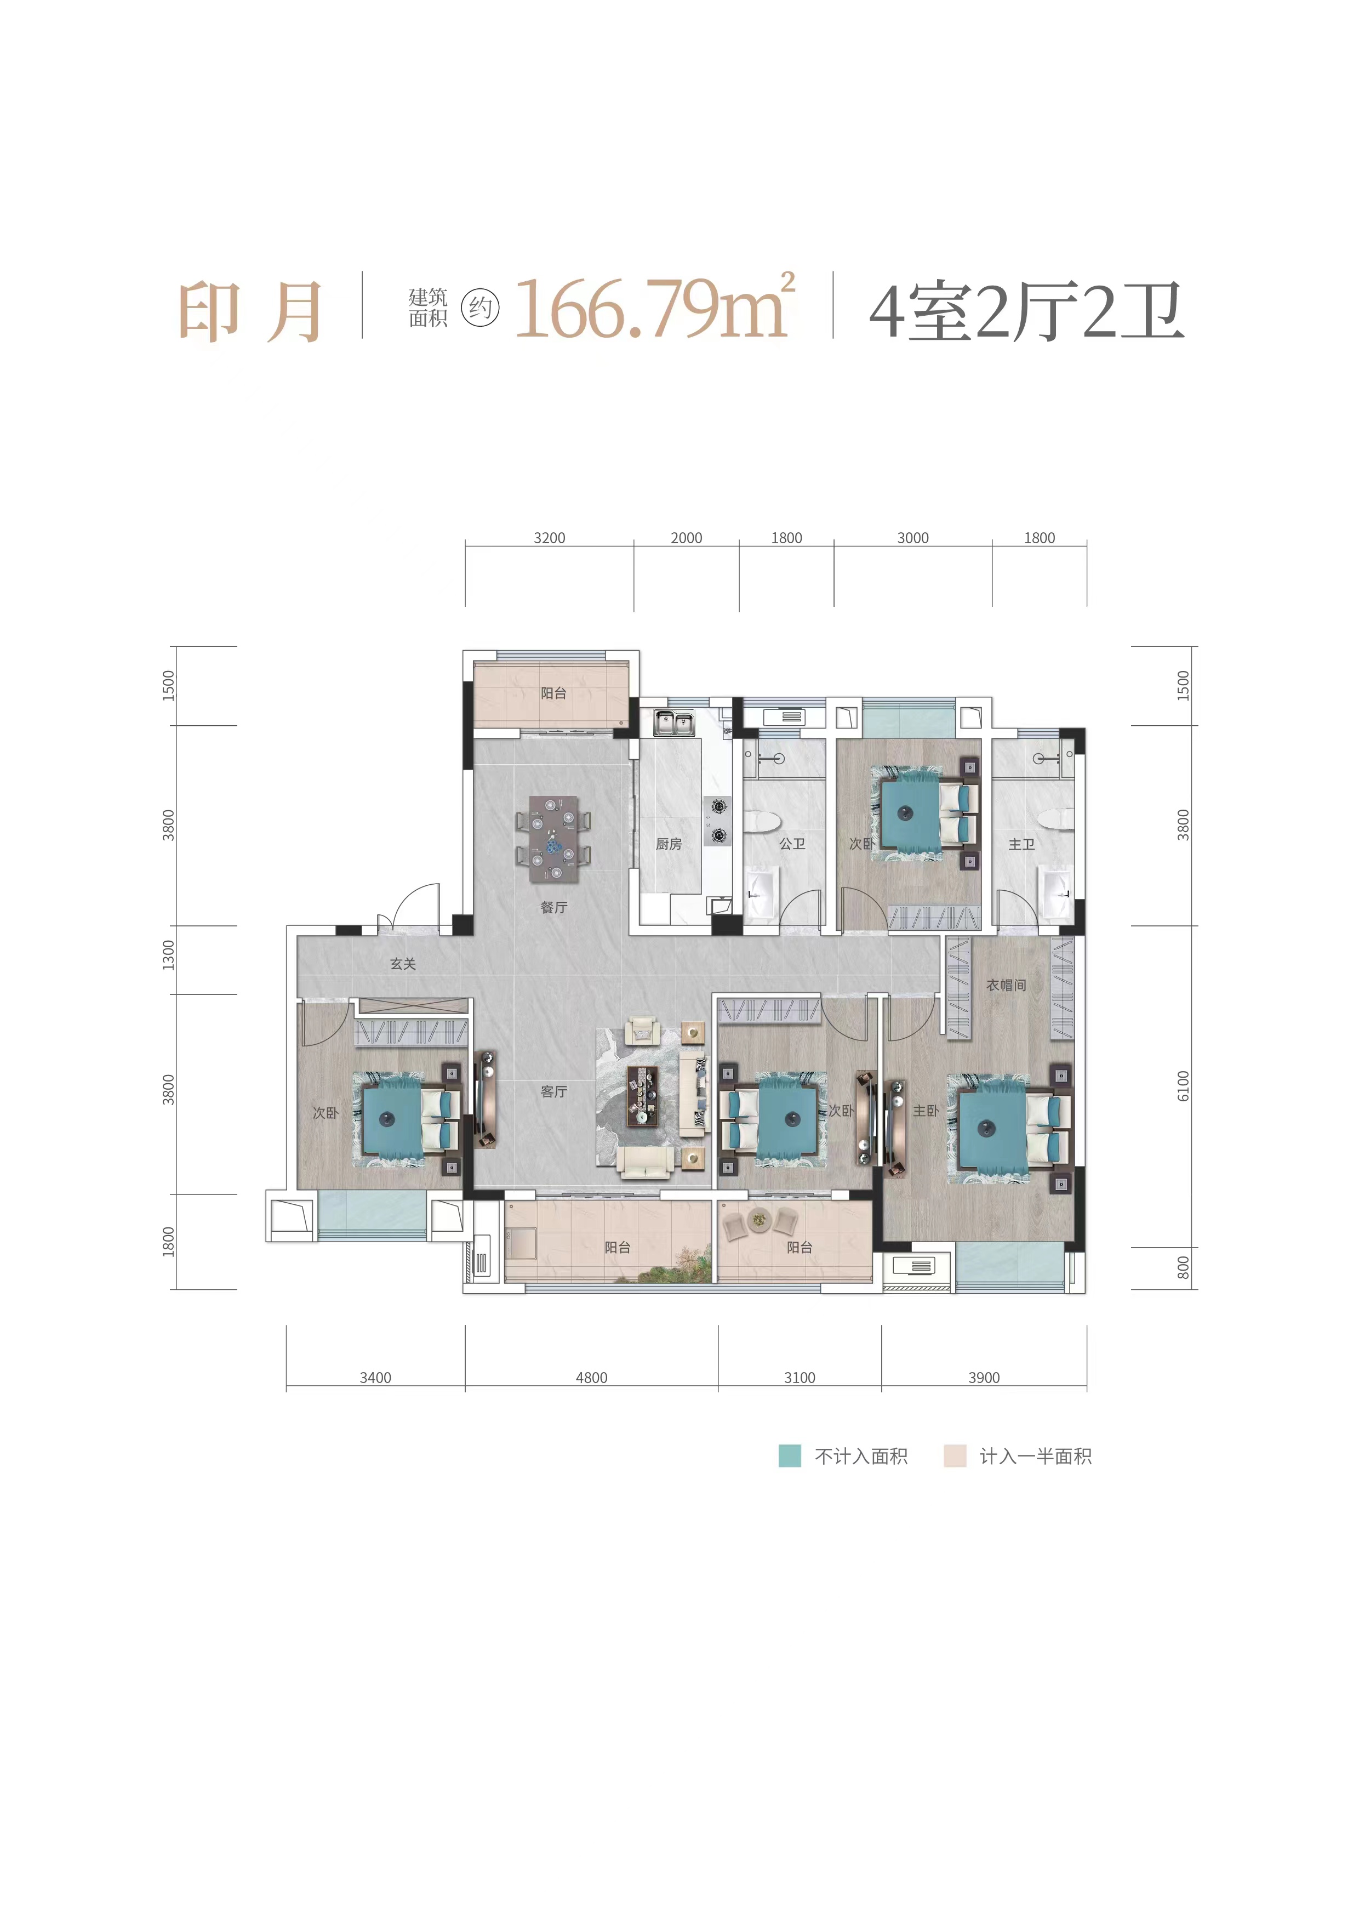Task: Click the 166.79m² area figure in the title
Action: [653, 308]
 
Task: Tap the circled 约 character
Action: [480, 308]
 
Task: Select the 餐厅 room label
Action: [553, 907]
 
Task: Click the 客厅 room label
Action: [553, 1091]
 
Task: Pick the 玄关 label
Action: [403, 964]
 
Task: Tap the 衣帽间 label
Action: [1006, 985]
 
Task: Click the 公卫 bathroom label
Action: [792, 844]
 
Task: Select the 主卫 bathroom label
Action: [1021, 844]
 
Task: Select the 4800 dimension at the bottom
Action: [591, 1378]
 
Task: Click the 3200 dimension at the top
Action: [549, 538]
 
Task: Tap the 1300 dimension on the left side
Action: [168, 955]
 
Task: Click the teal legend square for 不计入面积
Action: [790, 1455]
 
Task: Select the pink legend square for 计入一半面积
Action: [955, 1455]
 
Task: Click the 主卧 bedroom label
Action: [925, 1111]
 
